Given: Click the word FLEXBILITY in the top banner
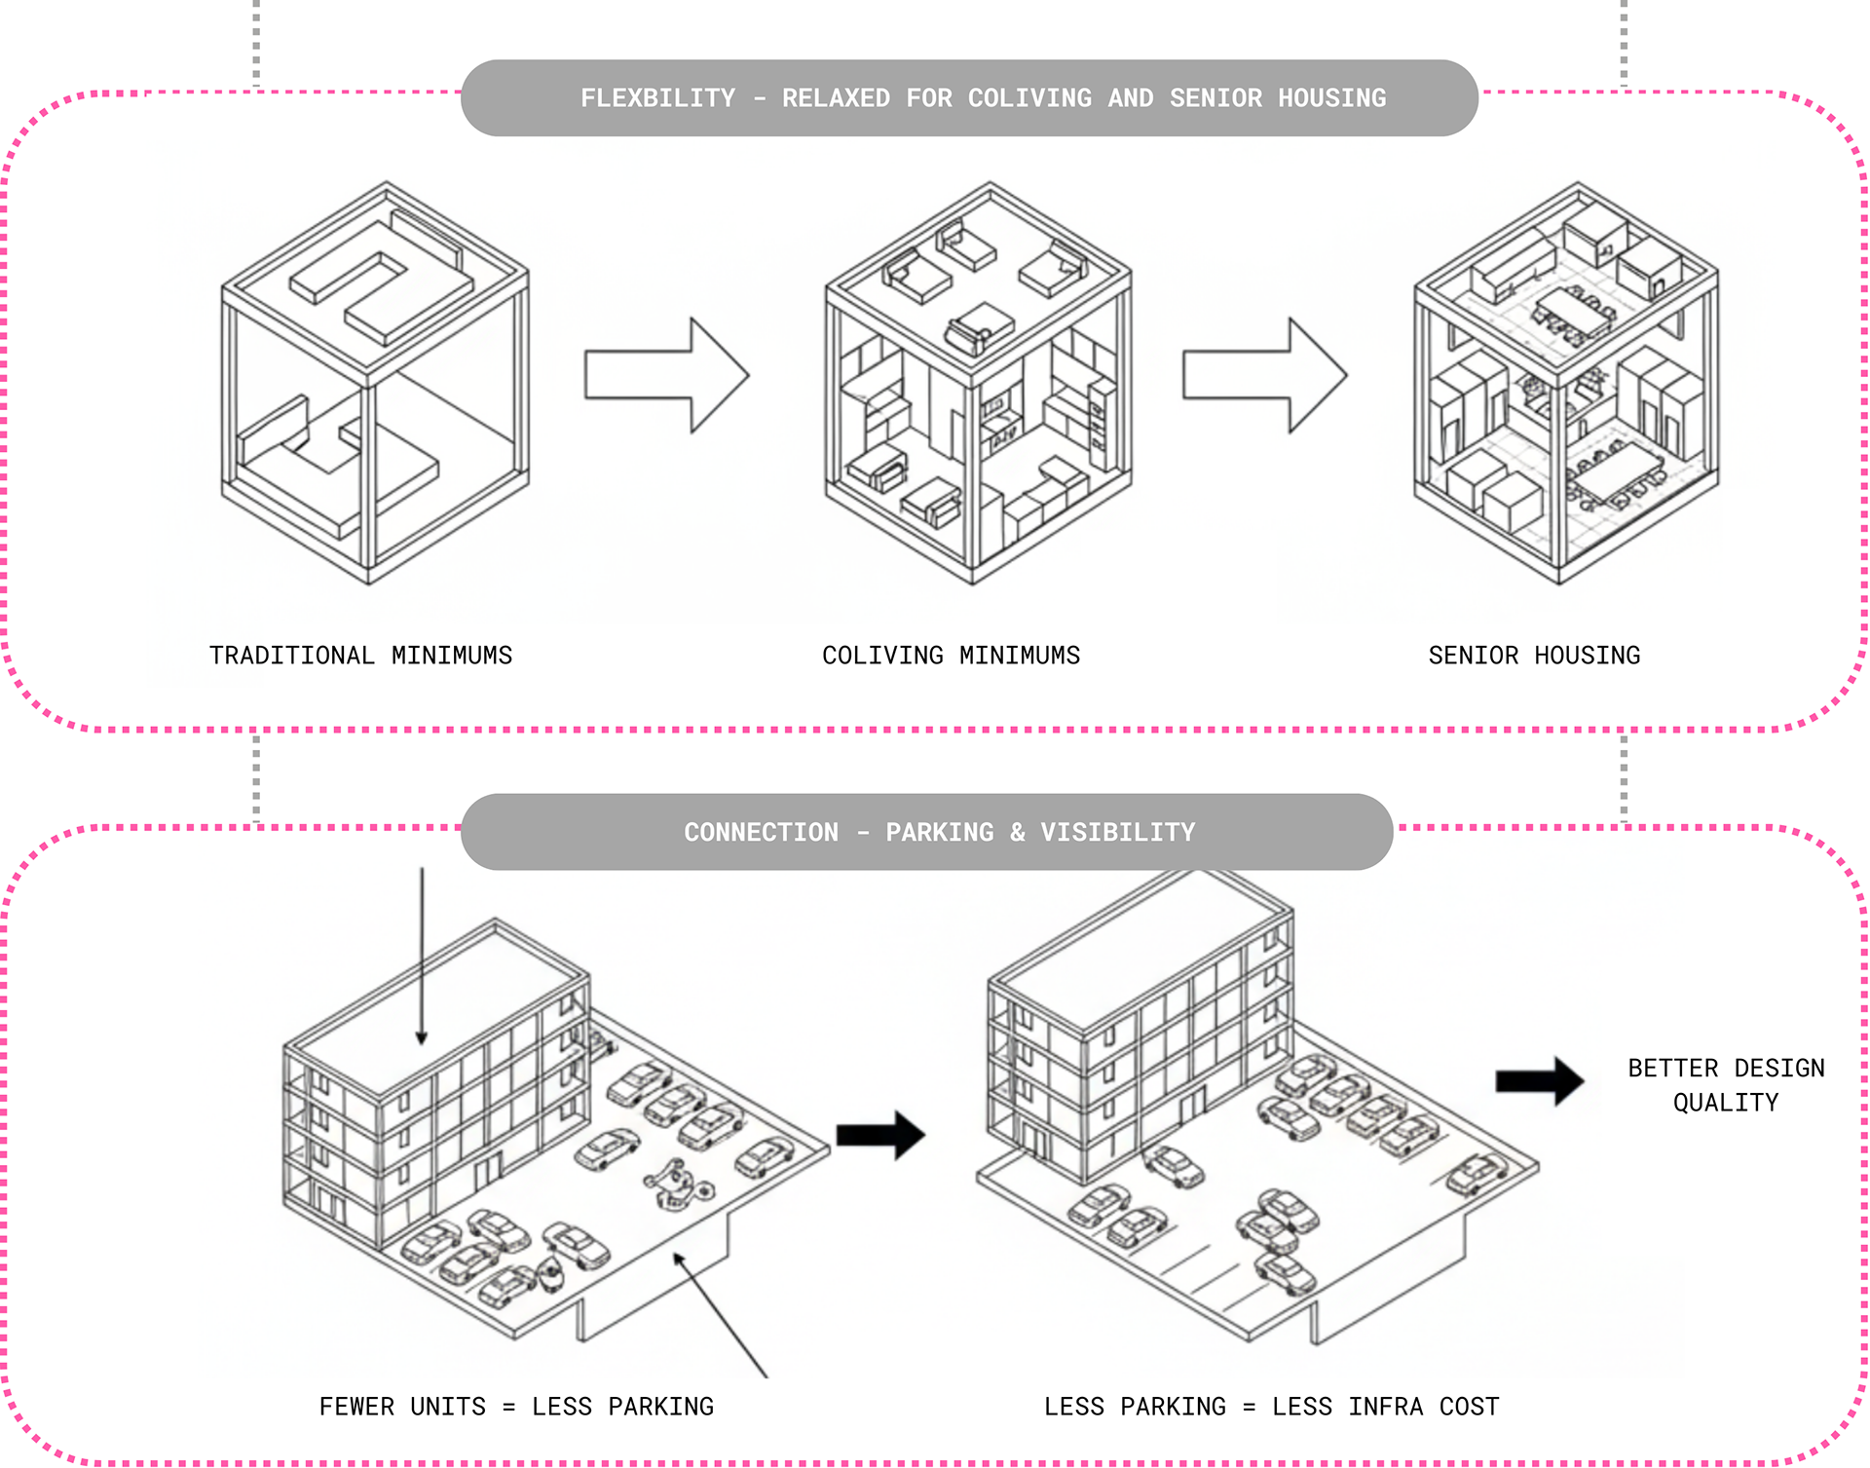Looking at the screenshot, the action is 657,98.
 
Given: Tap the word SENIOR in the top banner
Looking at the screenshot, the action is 1215,98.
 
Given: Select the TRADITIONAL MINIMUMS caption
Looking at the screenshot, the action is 360,656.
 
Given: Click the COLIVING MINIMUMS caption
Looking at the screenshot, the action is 951,656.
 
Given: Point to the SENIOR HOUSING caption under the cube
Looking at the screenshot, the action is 1534,656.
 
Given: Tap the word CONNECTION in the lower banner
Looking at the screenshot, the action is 761,833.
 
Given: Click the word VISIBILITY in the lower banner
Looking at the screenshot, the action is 1117,833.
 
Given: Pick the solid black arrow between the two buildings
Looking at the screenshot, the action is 880,1135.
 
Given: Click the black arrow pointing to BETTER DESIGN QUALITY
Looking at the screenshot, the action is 1539,1080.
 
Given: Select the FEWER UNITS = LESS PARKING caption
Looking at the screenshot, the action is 516,1407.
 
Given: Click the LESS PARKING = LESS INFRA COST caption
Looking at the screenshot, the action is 1271,1407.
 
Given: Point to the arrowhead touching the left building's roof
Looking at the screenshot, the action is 422,1037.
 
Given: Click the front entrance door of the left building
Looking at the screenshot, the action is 487,1171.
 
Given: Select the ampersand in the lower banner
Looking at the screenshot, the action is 1017,833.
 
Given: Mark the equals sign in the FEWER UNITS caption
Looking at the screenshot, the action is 508,1408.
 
